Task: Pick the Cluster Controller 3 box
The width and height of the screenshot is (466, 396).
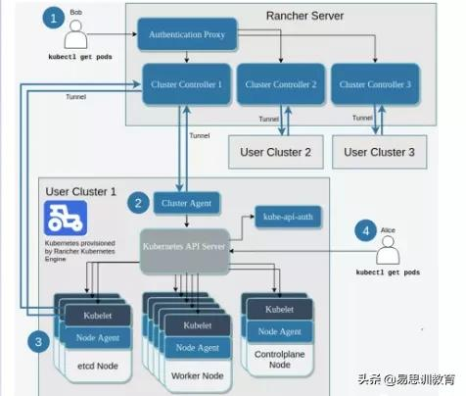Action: pos(376,84)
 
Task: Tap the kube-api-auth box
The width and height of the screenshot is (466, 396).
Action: pos(286,216)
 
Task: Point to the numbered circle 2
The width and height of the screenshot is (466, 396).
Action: pos(139,203)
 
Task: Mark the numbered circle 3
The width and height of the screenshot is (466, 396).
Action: pos(37,341)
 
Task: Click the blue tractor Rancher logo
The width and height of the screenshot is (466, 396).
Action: pos(66,217)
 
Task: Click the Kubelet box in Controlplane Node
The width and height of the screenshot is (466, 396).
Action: pos(277,309)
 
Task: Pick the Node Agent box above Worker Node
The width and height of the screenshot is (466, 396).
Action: pos(198,346)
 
